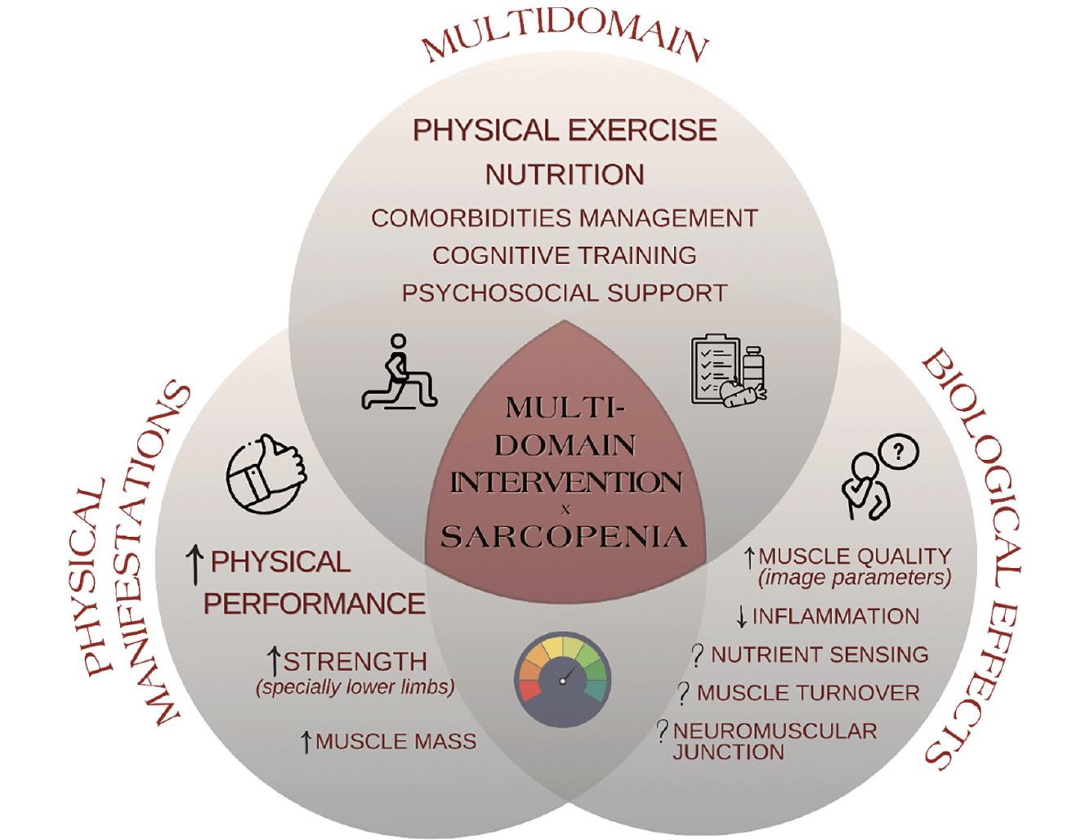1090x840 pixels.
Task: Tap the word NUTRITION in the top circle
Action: point(565,175)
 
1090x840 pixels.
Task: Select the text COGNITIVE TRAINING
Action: point(565,255)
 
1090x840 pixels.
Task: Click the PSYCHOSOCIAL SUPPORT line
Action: point(565,293)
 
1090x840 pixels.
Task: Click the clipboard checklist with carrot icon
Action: point(729,371)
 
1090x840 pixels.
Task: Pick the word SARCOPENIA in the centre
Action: point(565,537)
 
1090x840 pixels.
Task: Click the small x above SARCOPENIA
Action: point(565,510)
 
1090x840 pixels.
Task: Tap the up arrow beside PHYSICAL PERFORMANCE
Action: point(195,566)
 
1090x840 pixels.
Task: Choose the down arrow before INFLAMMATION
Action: point(742,617)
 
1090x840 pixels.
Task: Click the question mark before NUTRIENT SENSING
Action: point(698,656)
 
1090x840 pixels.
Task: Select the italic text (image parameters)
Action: point(855,577)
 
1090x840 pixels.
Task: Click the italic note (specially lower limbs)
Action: point(355,686)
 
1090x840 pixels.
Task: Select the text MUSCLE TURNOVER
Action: point(808,693)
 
